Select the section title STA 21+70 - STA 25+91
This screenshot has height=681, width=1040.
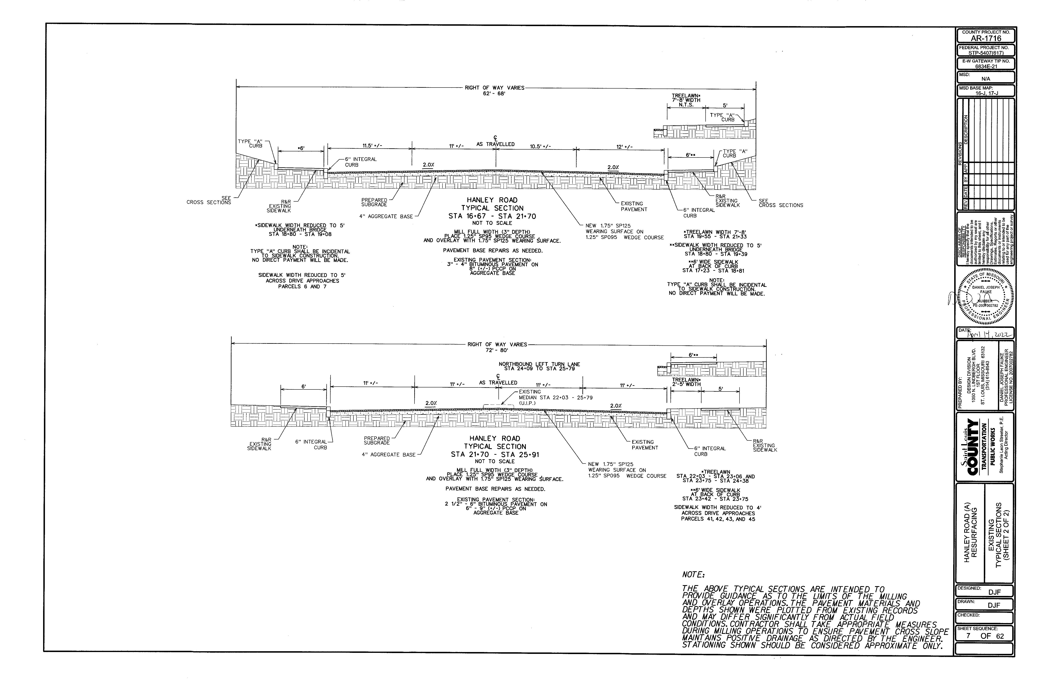(x=495, y=454)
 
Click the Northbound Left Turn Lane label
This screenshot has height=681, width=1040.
(x=539, y=364)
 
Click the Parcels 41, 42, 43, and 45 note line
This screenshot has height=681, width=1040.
(x=718, y=519)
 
